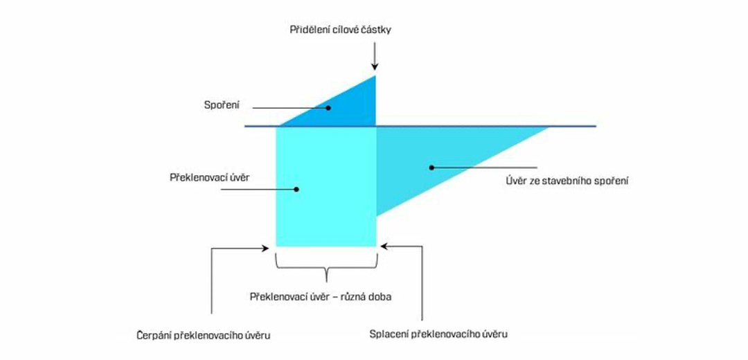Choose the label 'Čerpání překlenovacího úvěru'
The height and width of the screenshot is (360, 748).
click(x=204, y=335)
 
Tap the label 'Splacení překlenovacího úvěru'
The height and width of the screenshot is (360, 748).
click(x=439, y=334)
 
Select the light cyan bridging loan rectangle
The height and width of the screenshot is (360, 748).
click(x=326, y=208)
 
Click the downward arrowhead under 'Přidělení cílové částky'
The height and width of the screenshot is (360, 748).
click(x=375, y=66)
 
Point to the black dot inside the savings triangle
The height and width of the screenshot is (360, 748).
click(x=330, y=107)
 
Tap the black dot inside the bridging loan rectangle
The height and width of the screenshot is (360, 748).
click(x=296, y=188)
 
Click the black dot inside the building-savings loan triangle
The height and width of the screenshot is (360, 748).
click(x=431, y=166)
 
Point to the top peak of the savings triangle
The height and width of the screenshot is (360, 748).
click(x=375, y=75)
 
